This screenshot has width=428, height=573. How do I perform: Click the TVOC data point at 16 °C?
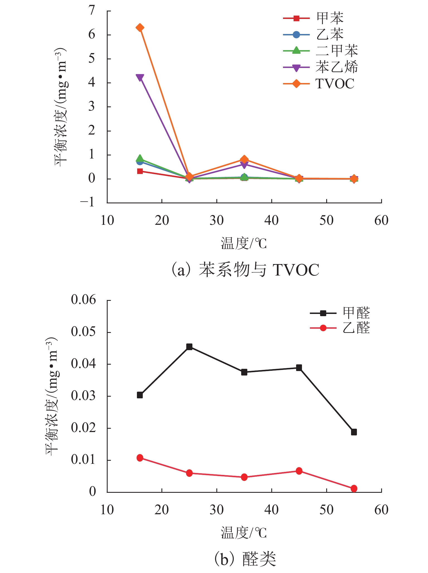pyautogui.click(x=140, y=28)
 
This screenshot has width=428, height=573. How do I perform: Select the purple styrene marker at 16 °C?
pyautogui.click(x=140, y=77)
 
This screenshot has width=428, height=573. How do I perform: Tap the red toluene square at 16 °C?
pyautogui.click(x=140, y=171)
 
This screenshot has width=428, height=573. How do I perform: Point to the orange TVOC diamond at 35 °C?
pyautogui.click(x=244, y=159)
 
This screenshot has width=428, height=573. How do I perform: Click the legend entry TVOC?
pyautogui.click(x=335, y=84)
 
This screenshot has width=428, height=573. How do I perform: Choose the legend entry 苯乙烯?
pyautogui.click(x=337, y=67)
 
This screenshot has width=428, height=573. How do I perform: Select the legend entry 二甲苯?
pyautogui.click(x=337, y=51)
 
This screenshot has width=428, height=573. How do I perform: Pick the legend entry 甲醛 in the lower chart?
pyautogui.click(x=356, y=313)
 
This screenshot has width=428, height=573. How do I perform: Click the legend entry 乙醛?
pyautogui.click(x=356, y=328)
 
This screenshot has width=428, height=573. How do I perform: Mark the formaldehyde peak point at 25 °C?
pyautogui.click(x=189, y=347)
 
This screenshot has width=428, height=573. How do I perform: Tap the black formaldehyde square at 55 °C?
pyautogui.click(x=354, y=432)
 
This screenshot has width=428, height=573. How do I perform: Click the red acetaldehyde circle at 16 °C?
pyautogui.click(x=140, y=458)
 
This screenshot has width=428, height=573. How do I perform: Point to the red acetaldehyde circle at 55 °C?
pyautogui.click(x=354, y=489)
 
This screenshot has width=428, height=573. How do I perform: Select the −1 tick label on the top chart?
pyautogui.click(x=88, y=203)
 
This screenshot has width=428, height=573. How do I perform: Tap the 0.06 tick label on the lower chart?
pyautogui.click(x=83, y=300)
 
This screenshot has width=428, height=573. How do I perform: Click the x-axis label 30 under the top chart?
pyautogui.click(x=217, y=221)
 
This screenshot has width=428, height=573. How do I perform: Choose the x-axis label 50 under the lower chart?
pyautogui.click(x=327, y=510)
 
